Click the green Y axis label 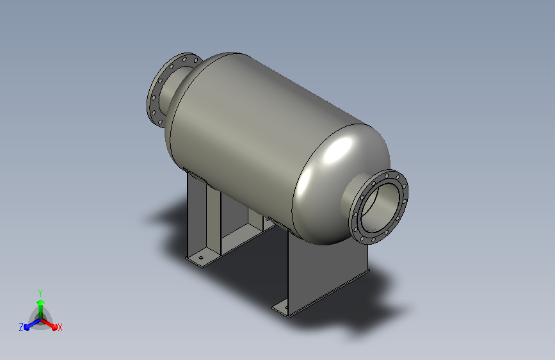(x=40, y=293)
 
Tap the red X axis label (x=60, y=328)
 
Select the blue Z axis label (x=21, y=327)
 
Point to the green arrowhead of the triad (x=40, y=302)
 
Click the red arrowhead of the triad (x=54, y=327)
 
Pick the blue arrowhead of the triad (x=27, y=327)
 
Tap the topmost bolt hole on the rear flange (x=184, y=59)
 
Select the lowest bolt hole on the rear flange (x=160, y=122)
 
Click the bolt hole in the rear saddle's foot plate (x=201, y=258)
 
